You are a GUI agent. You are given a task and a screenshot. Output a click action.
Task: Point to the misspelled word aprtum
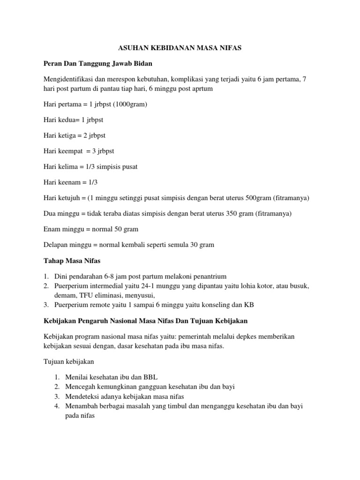pos(203,88)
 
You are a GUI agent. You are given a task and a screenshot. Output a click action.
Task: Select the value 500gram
pos(262,198)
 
